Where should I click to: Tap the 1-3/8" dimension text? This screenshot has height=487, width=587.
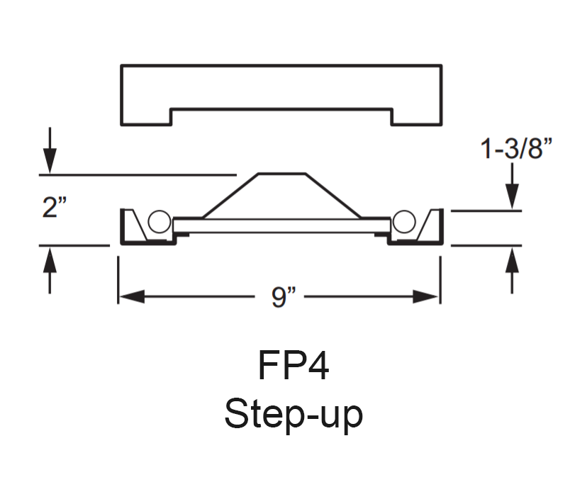coord(516,150)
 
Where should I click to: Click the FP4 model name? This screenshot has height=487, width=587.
coord(293,366)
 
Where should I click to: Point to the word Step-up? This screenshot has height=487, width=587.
coord(293,413)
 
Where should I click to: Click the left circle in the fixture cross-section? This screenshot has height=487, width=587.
coord(159,222)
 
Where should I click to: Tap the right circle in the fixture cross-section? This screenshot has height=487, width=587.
coord(403,222)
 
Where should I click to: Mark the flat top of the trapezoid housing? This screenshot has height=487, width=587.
coord(281,174)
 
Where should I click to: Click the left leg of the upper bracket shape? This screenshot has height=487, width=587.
coord(146,116)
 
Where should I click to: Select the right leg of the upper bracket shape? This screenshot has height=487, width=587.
coord(416,116)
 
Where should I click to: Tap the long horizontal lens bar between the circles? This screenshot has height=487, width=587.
coord(281,226)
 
